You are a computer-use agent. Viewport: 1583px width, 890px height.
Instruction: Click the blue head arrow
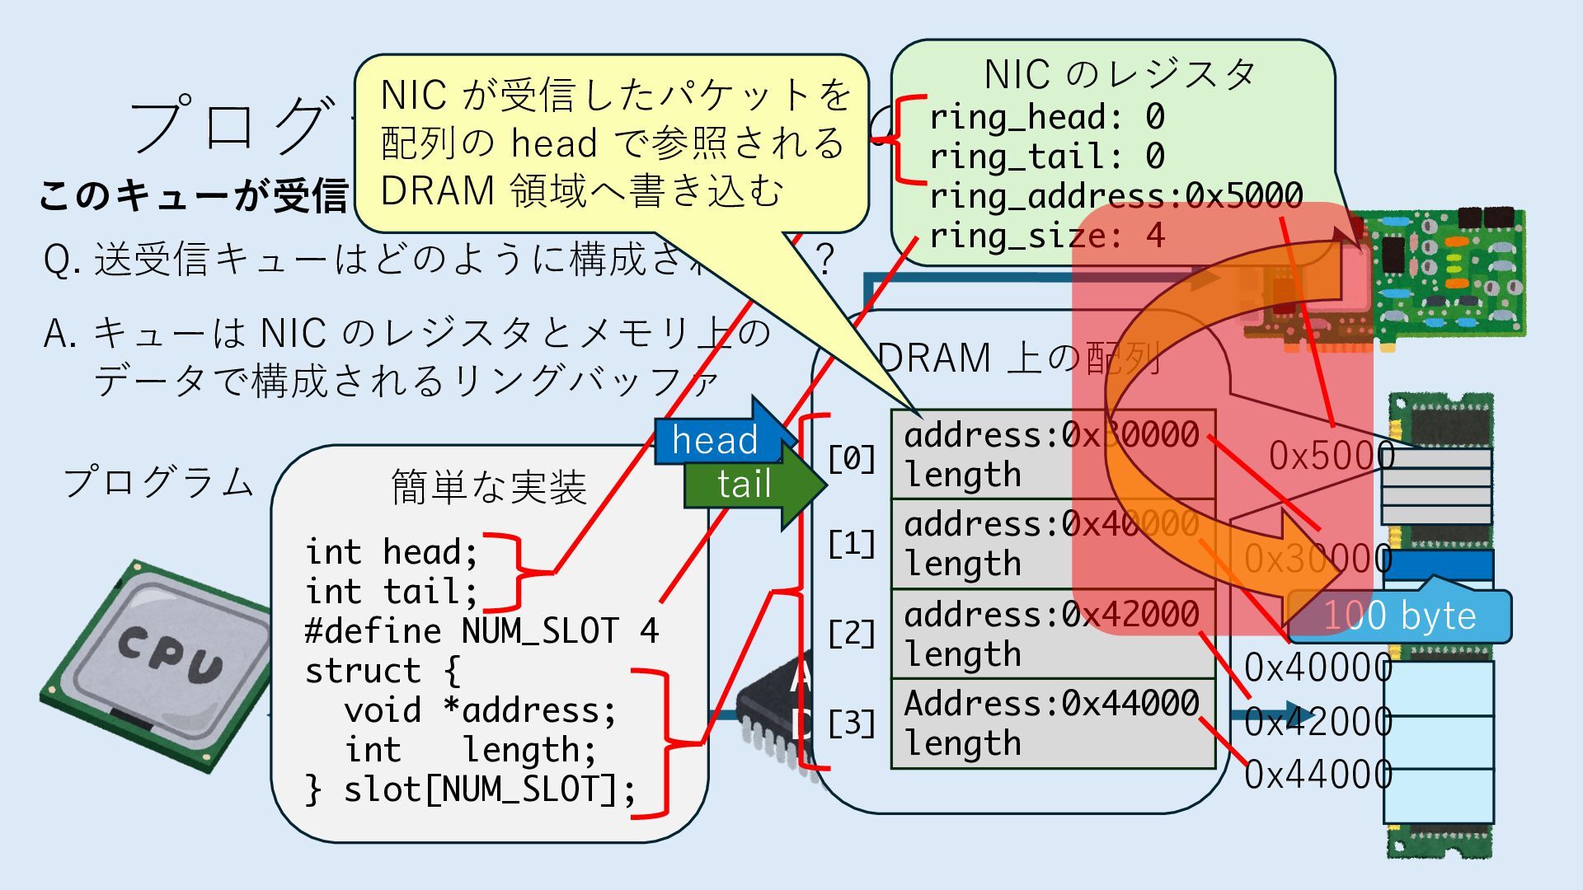[716, 438]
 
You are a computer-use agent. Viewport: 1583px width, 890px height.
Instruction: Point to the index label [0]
[852, 458]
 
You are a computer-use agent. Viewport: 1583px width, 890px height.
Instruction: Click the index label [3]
[852, 724]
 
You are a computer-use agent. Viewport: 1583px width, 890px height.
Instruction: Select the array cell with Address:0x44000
[1053, 723]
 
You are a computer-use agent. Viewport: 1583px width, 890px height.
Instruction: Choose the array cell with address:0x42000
[1053, 634]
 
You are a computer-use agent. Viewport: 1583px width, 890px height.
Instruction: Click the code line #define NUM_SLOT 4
[481, 631]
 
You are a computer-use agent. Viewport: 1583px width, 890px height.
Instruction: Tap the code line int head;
[391, 552]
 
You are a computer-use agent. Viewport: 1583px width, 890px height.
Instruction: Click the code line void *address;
[480, 710]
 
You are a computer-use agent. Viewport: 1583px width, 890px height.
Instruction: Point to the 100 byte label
[1400, 616]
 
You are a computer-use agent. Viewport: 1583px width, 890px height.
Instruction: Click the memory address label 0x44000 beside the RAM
[1318, 775]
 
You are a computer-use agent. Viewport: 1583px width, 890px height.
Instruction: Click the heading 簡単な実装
[488, 487]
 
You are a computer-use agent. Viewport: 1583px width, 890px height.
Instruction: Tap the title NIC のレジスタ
[1120, 75]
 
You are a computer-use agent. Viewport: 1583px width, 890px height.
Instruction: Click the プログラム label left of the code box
[158, 482]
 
